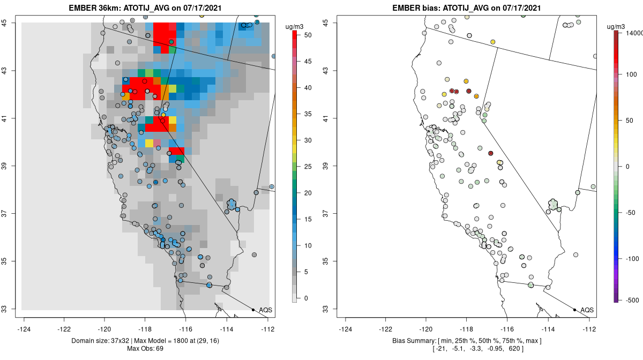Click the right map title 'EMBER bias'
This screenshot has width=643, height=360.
pyautogui.click(x=416, y=8)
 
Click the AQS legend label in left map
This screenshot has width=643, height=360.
pyautogui.click(x=266, y=310)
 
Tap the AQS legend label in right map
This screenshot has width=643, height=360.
pyautogui.click(x=587, y=310)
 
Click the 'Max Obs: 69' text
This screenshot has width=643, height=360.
pyautogui.click(x=145, y=349)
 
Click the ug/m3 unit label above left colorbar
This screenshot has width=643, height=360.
pyautogui.click(x=295, y=27)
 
